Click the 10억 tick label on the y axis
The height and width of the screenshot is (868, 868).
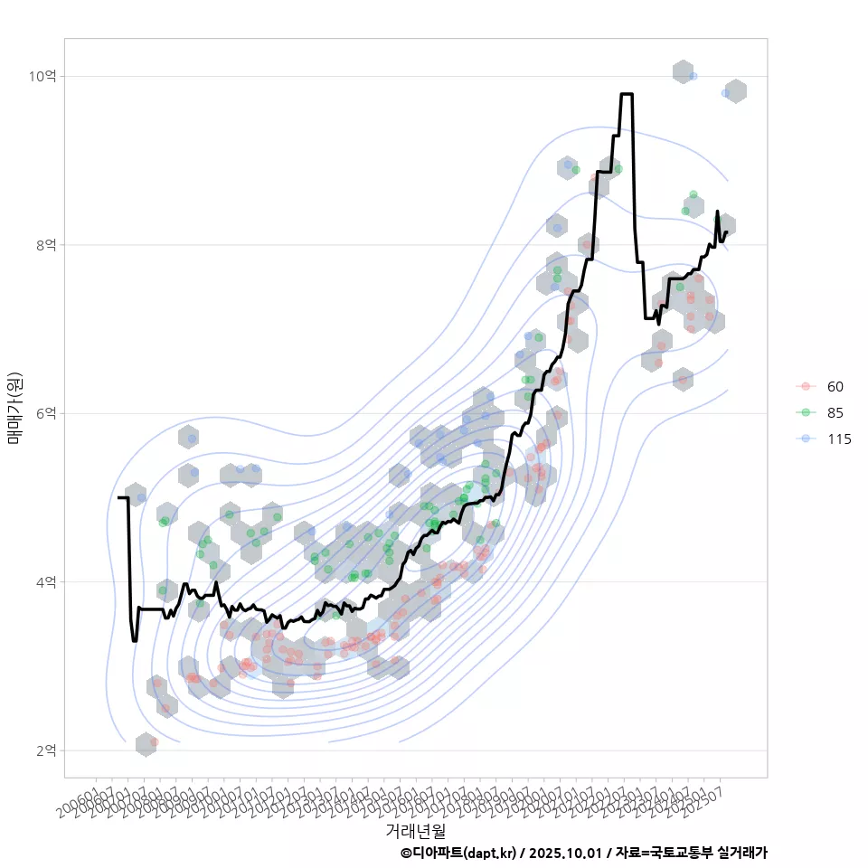coord(42,77)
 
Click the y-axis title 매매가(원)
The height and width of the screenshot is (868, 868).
coord(15,408)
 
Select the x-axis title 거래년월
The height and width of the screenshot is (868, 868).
coord(415,830)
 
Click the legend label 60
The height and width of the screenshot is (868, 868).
coord(835,387)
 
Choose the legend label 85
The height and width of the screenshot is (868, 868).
coord(835,413)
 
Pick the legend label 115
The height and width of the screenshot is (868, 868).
coord(839,439)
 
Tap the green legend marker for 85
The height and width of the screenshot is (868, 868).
coord(804,413)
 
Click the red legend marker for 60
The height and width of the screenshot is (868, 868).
coord(804,387)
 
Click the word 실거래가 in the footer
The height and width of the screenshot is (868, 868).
coord(741,853)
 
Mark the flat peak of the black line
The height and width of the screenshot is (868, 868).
coord(627,94)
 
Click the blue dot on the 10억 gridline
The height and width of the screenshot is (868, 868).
coord(693,76)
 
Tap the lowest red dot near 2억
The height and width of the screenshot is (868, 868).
coord(155,741)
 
